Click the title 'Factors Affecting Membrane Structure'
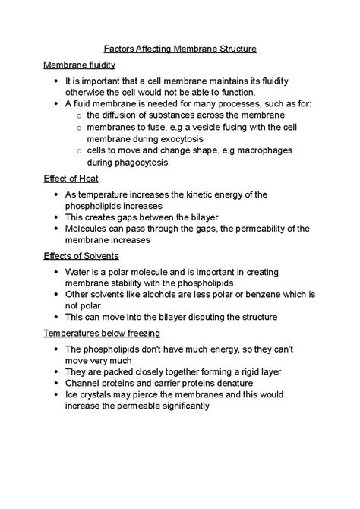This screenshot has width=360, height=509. (180, 49)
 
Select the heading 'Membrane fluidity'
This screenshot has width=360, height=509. (85, 65)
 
